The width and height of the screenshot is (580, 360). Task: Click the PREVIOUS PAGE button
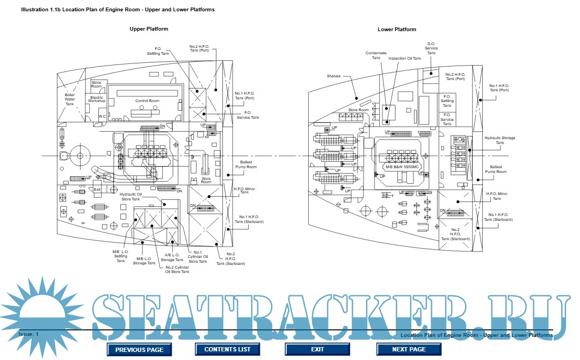pos(139,349)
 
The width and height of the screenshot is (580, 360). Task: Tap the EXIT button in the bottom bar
pos(317,349)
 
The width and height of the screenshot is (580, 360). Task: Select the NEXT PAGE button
pos(409,349)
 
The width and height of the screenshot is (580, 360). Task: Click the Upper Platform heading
pos(149,29)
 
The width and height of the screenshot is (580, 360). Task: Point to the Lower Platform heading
pos(397,30)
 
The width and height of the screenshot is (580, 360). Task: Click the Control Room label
pos(147,101)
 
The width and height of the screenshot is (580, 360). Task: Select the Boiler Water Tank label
pos(70,99)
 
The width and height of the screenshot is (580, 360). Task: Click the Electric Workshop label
pos(97,99)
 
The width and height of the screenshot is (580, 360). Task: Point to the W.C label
pos(102,116)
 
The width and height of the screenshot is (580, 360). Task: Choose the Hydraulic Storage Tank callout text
pos(499,140)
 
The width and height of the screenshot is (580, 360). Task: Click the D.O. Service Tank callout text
pos(431,48)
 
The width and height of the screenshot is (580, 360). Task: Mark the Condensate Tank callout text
pos(376,55)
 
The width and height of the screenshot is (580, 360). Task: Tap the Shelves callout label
pos(334,76)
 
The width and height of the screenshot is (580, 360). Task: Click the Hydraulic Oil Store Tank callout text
pos(131,197)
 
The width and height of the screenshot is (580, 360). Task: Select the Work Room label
pos(206,181)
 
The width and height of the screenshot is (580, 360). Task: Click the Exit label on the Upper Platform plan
pos(97,189)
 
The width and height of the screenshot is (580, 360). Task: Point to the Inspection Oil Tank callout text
pos(404,58)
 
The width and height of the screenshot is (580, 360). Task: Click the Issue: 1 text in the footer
pos(29,334)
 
